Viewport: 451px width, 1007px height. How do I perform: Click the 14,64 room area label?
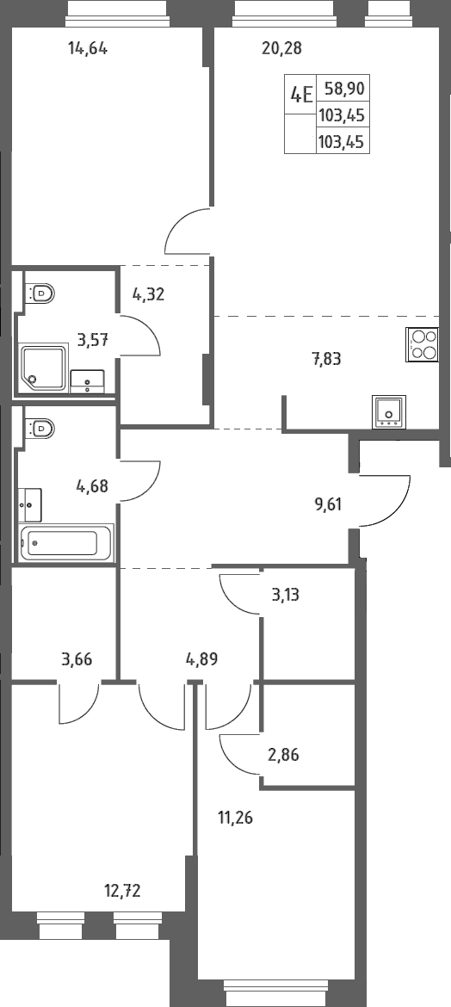(88, 48)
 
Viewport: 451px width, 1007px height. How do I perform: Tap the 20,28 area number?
(282, 48)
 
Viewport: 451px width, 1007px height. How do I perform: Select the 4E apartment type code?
(301, 95)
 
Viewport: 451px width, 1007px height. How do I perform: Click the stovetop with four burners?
(423, 345)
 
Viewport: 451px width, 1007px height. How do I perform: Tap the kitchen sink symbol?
(389, 411)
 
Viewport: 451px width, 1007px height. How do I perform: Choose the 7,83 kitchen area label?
(326, 360)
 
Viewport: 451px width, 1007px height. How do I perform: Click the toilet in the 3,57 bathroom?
(40, 293)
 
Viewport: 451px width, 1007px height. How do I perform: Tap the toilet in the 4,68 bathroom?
(40, 427)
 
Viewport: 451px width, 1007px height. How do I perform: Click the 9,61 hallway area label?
(328, 504)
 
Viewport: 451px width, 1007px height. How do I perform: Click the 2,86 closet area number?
(284, 755)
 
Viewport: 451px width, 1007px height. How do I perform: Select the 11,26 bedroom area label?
(236, 819)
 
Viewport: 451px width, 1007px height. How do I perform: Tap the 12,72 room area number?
(122, 890)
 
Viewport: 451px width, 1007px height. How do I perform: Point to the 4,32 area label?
(148, 294)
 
